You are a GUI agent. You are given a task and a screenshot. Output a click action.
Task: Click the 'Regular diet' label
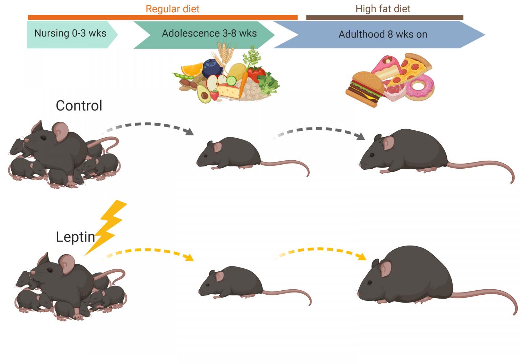tap(172, 9)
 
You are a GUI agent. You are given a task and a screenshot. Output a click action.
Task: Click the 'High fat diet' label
tap(383, 9)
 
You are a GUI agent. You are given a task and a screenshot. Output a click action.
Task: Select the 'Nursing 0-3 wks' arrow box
tap(70, 34)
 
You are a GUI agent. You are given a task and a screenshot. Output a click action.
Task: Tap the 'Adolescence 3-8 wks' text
tap(209, 34)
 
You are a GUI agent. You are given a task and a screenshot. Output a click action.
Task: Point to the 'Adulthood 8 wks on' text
tap(383, 35)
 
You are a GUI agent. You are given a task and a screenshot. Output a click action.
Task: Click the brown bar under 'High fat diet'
tap(384, 18)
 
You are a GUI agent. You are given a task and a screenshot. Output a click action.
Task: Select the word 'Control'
tap(79, 106)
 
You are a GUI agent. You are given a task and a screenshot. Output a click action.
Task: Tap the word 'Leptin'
tap(75, 237)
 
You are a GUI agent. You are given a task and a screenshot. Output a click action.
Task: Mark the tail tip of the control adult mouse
tap(512, 182)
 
